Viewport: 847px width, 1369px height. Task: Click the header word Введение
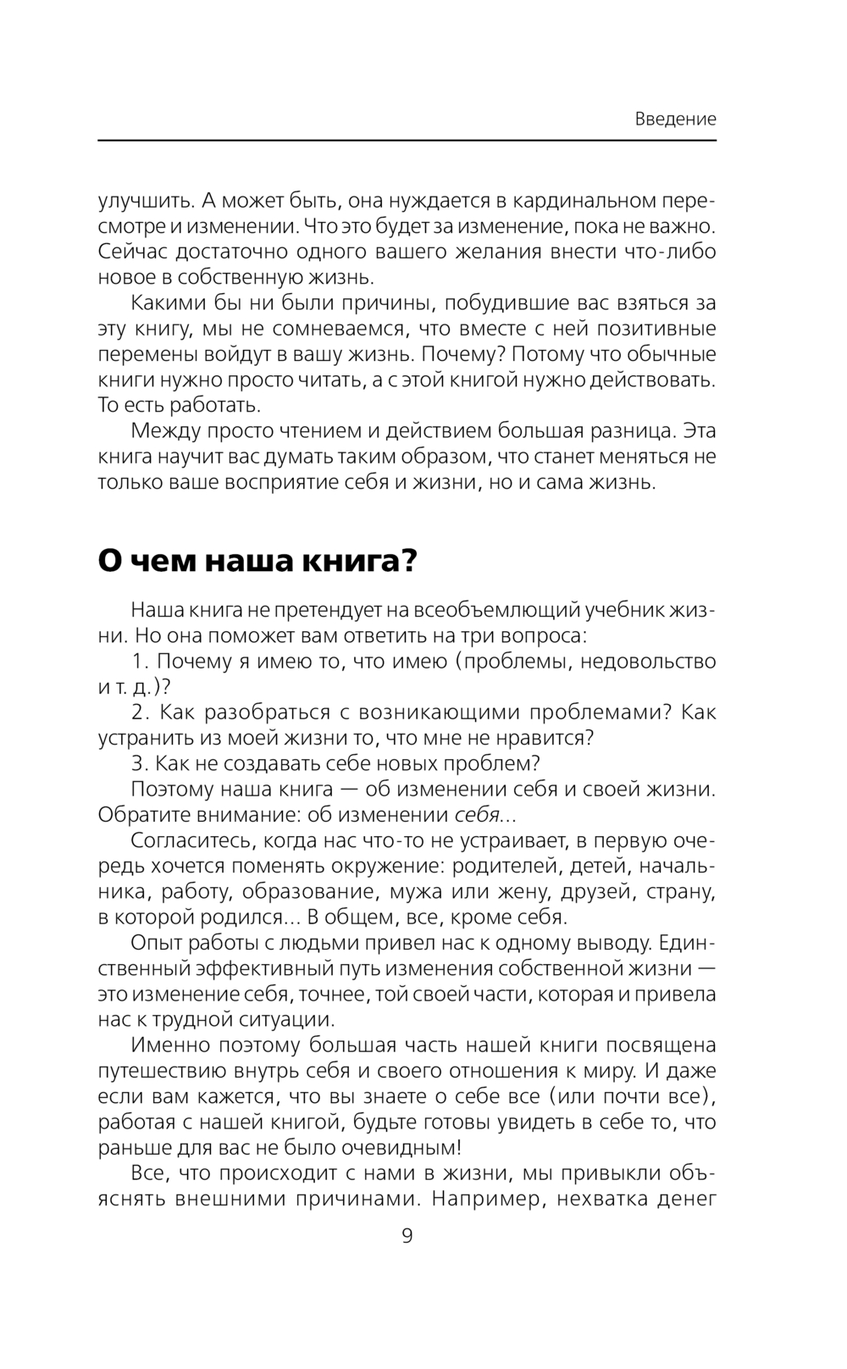pos(675,119)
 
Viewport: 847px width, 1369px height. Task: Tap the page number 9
pos(407,1236)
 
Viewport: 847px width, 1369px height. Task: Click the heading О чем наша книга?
pos(257,561)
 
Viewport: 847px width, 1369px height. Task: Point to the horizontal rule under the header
pos(407,141)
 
